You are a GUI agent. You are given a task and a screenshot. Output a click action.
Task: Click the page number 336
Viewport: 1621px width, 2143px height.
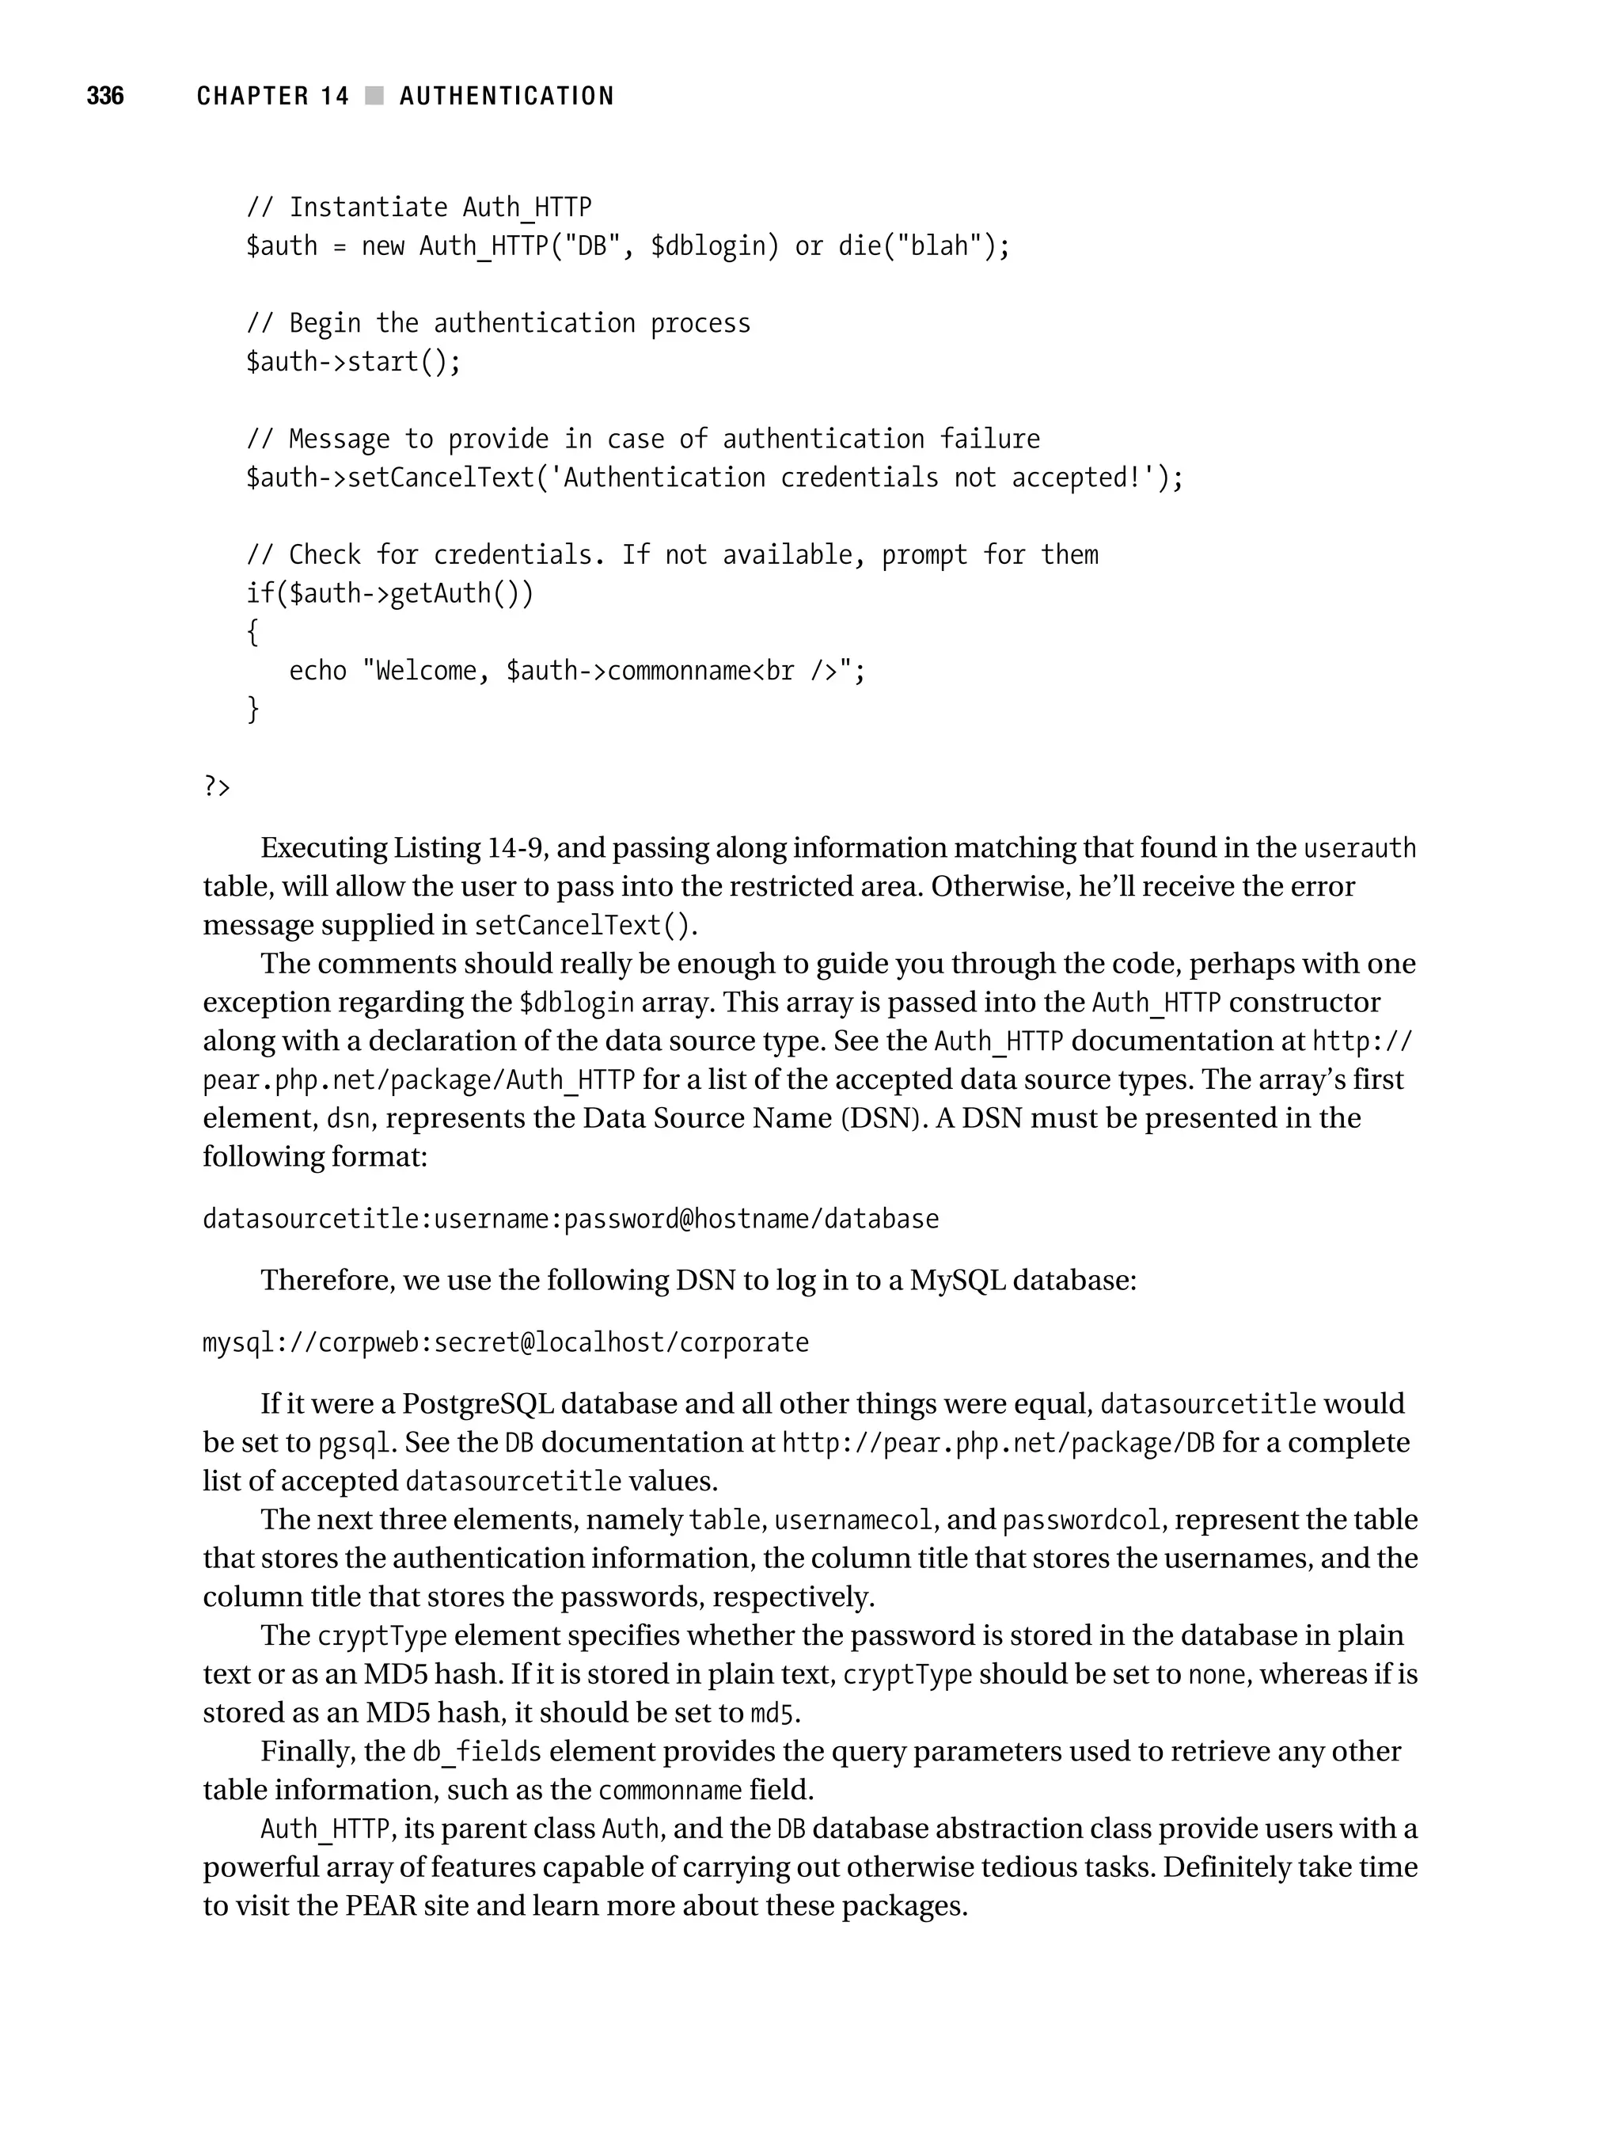click(104, 96)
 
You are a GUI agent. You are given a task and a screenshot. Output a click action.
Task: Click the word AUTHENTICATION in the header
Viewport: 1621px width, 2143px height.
click(507, 96)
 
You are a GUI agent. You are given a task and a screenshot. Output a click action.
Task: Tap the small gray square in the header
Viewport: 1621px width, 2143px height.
click(374, 96)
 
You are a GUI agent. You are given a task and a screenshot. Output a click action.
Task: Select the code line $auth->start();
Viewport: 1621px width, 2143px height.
click(354, 361)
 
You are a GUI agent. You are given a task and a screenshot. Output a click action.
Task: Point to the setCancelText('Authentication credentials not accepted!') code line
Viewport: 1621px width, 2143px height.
click(714, 478)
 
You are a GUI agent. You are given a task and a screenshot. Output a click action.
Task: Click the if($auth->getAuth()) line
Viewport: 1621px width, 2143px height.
click(389, 593)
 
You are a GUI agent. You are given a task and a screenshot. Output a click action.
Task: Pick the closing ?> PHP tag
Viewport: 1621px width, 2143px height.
click(217, 786)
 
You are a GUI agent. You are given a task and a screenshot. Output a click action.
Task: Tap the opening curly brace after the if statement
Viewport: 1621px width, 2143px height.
click(252, 632)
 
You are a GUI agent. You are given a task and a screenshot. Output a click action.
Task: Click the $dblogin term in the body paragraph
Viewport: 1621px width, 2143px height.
click(576, 1003)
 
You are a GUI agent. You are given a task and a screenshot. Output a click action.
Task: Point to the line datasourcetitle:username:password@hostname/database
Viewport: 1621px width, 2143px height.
click(571, 1219)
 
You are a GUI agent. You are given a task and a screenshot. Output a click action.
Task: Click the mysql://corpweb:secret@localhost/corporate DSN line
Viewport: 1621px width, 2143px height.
click(506, 1343)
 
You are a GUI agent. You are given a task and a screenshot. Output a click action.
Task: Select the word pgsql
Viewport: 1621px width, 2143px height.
click(355, 1444)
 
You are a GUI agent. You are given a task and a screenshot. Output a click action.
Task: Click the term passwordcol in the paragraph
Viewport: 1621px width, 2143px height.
click(1080, 1520)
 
